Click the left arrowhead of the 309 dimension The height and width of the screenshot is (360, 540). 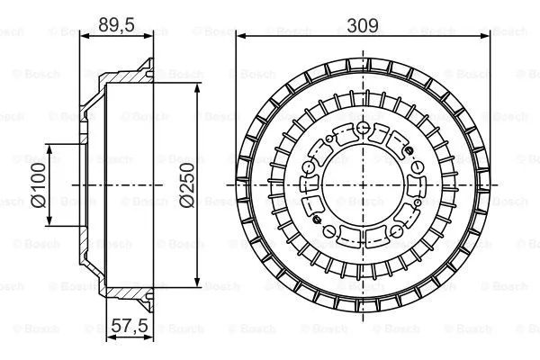(x=240, y=37)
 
